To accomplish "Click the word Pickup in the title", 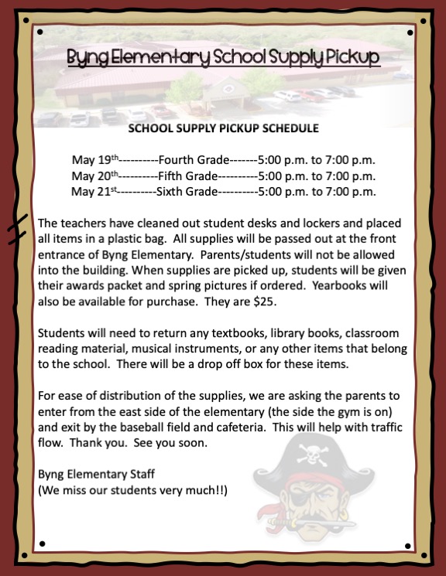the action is [346, 57].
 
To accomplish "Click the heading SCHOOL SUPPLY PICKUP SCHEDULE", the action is [223, 128].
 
